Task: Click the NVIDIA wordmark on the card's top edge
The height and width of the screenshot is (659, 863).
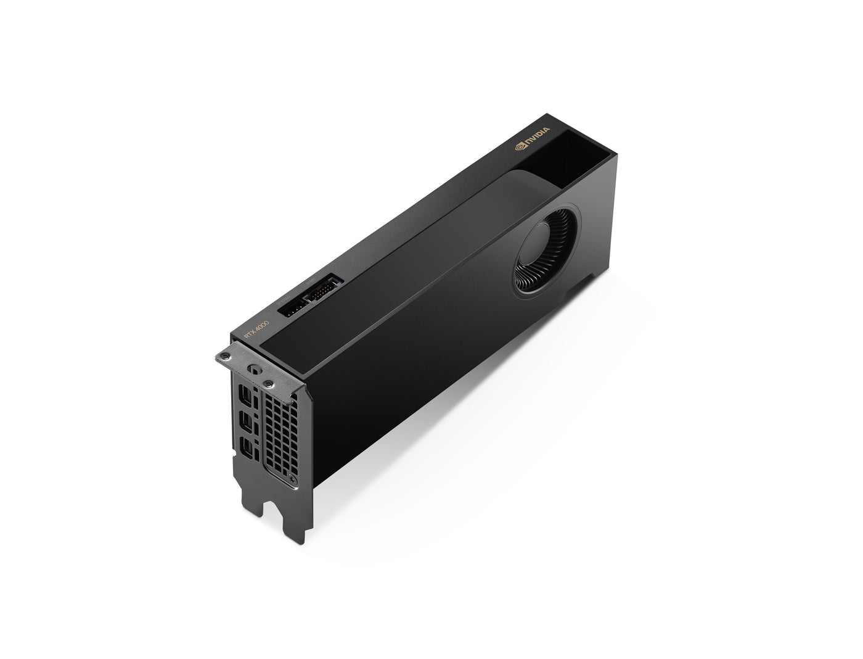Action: [x=537, y=138]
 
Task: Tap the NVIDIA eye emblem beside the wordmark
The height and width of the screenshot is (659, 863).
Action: [x=520, y=147]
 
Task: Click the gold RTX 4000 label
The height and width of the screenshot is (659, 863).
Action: [x=256, y=329]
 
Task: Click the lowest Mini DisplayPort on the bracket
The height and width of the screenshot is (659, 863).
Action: [x=246, y=449]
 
